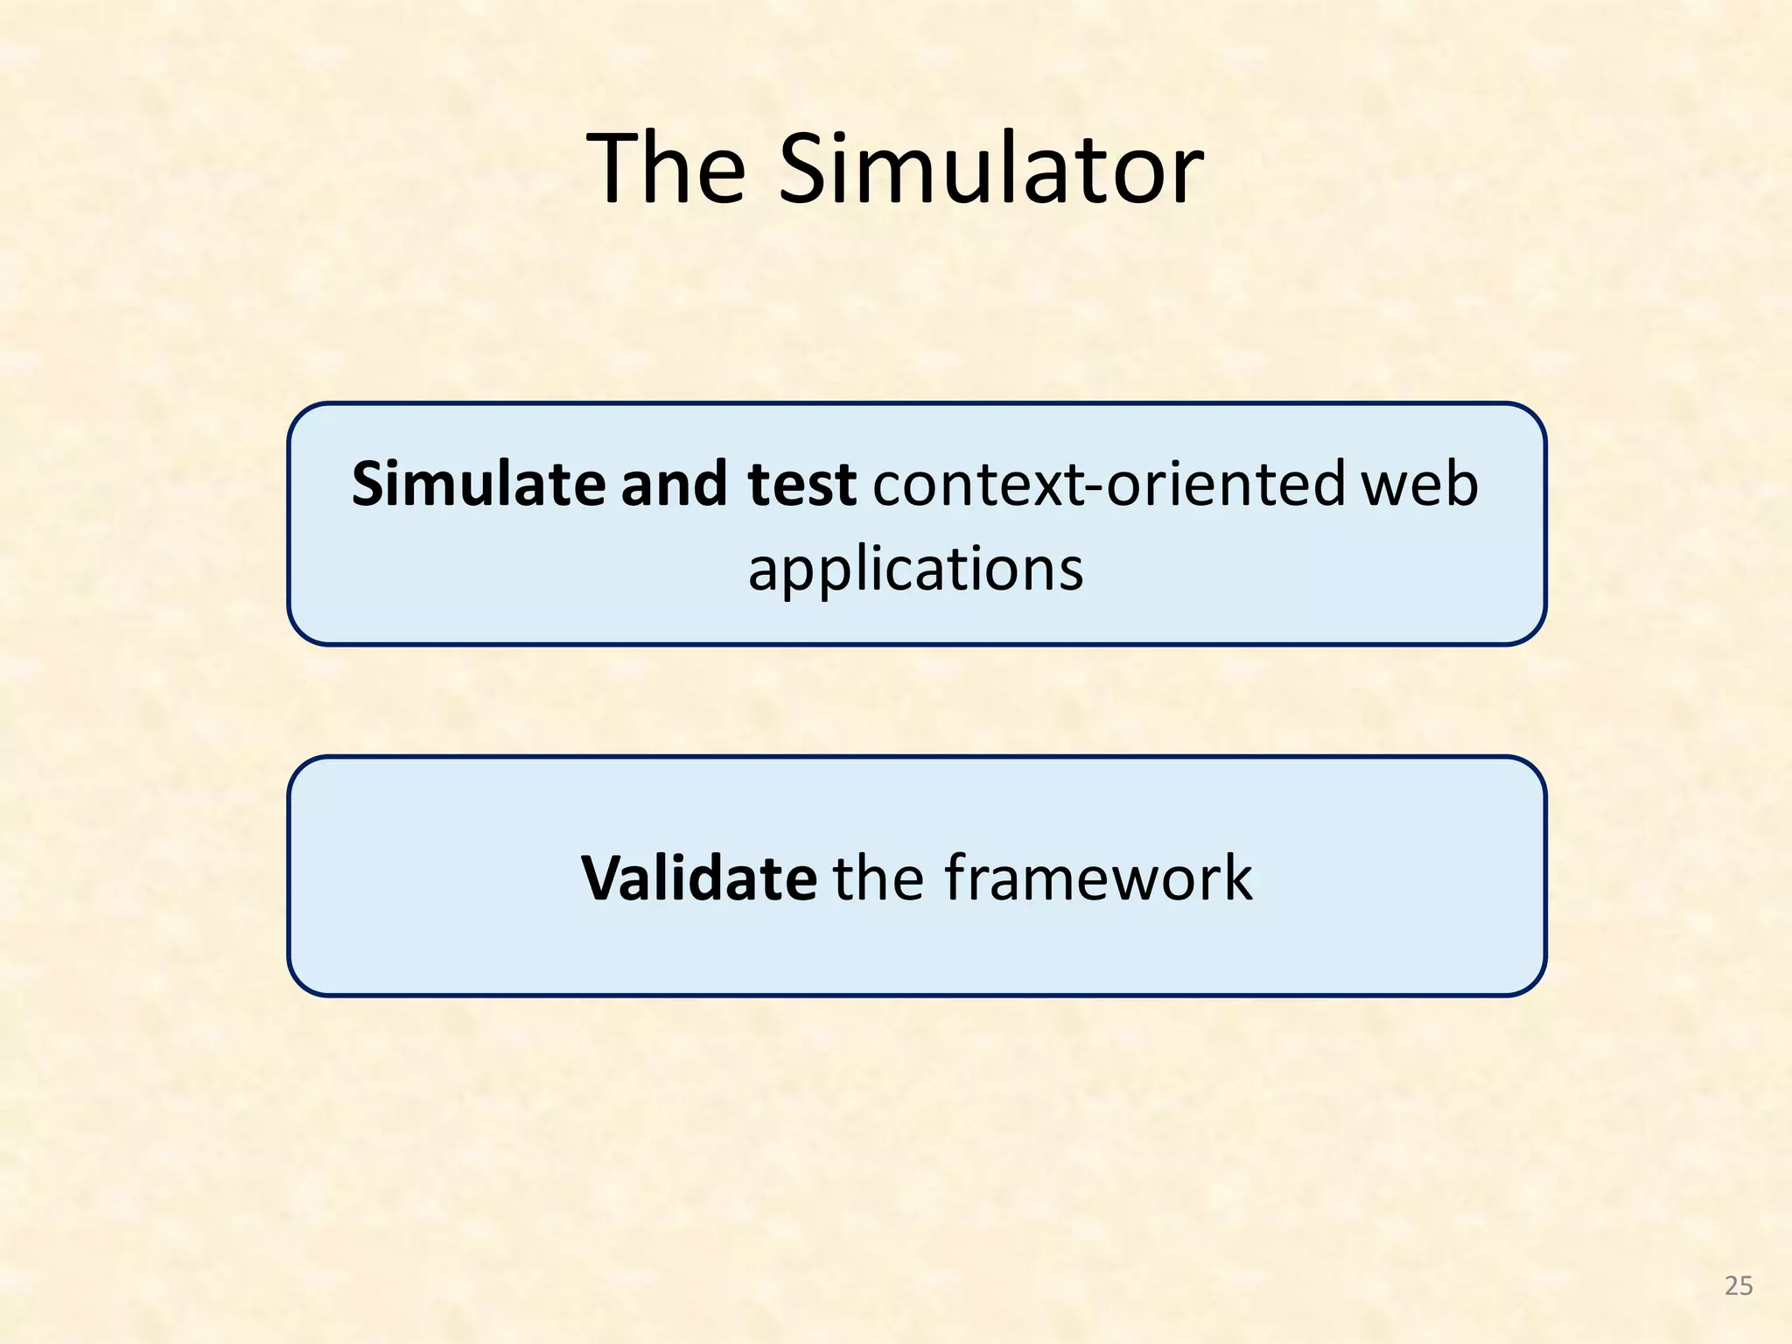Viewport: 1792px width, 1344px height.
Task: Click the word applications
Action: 915,570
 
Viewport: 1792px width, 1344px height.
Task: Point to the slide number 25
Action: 1738,1285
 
